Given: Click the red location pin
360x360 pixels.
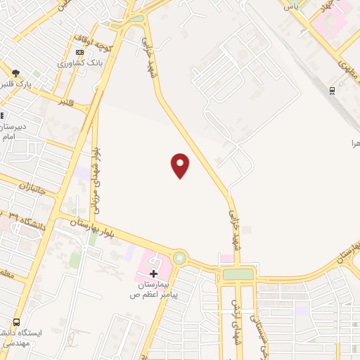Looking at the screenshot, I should (x=181, y=165).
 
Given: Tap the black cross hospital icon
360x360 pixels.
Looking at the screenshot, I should (x=154, y=272).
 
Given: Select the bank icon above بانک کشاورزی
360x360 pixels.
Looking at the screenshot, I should (x=79, y=53).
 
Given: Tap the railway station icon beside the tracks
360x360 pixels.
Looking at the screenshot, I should (x=332, y=90).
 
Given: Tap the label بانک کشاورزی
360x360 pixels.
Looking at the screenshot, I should (x=81, y=63).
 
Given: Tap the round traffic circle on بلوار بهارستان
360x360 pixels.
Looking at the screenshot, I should (x=179, y=259).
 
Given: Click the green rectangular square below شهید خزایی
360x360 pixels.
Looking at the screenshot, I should (x=238, y=274).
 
